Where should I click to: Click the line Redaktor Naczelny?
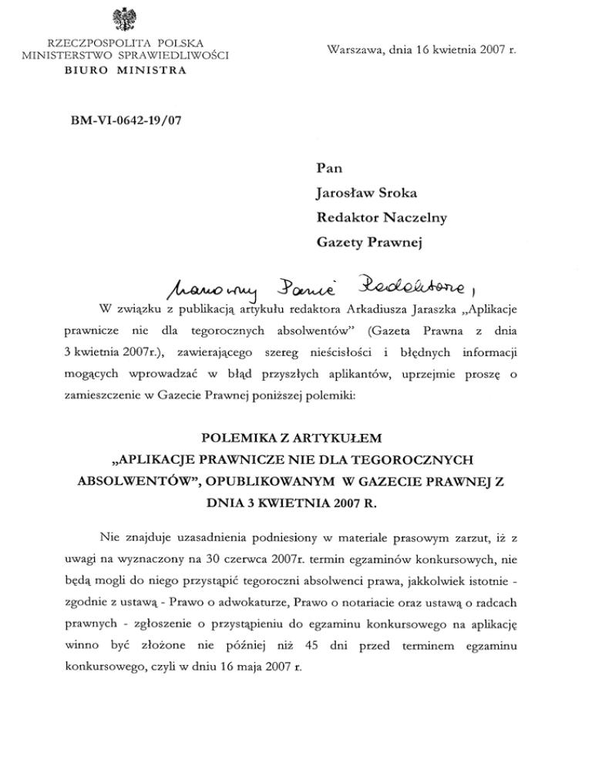coord(382,220)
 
